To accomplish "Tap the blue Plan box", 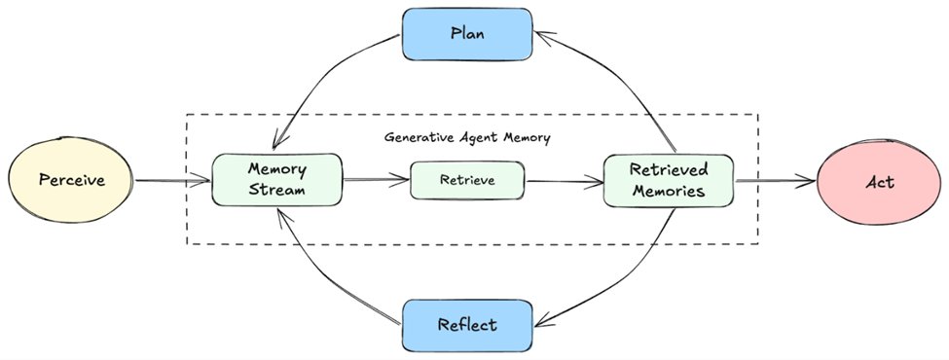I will pyautogui.click(x=467, y=33).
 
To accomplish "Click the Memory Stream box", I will pyautogui.click(x=277, y=180).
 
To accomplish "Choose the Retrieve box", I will pyautogui.click(x=467, y=180).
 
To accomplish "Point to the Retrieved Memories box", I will pyautogui.click(x=668, y=180).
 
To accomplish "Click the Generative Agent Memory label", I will pyautogui.click(x=467, y=137).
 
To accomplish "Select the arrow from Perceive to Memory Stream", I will pyautogui.click(x=171, y=181).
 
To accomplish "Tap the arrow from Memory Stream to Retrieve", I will pyautogui.click(x=375, y=180).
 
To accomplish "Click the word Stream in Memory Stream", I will pyautogui.click(x=277, y=191).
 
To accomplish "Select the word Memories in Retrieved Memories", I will pyautogui.click(x=668, y=192).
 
